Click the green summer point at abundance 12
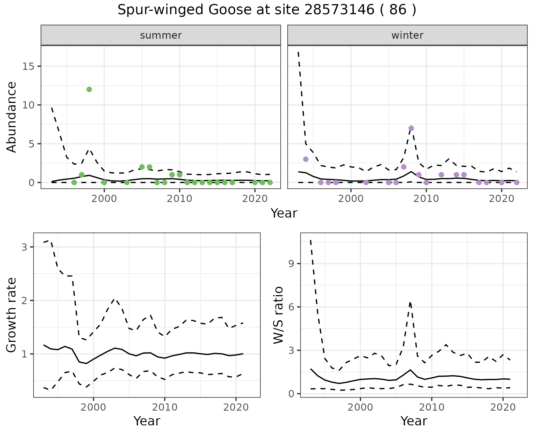click(89, 89)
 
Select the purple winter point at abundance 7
click(411, 128)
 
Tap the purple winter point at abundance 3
click(306, 159)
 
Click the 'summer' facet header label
click(161, 35)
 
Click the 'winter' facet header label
click(407, 35)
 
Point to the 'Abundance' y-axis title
click(12, 117)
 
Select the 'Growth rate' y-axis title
click(12, 315)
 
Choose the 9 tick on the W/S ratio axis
click(291, 263)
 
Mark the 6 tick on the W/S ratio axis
click(291, 307)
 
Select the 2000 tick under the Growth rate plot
click(93, 407)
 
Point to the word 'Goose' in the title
click(225, 10)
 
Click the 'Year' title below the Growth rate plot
click(147, 421)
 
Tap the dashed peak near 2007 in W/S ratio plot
click(410, 302)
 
